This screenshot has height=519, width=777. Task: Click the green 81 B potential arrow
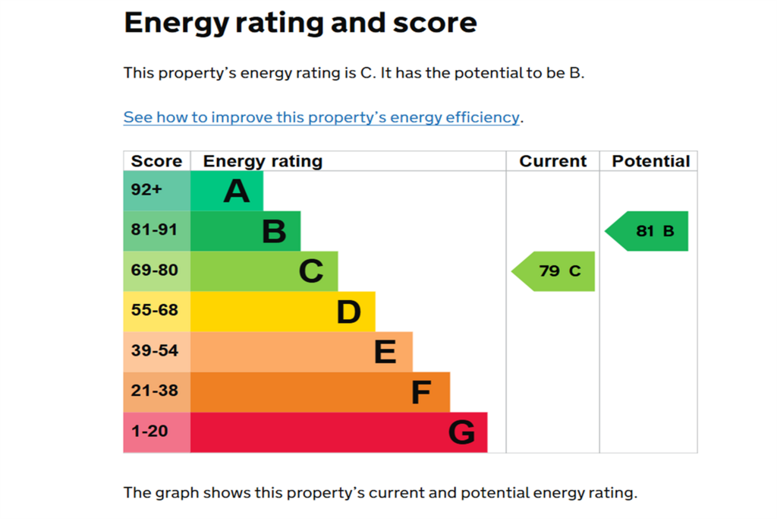(x=646, y=231)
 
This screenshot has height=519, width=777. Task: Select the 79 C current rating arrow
(x=553, y=271)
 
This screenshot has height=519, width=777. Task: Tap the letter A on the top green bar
(x=237, y=191)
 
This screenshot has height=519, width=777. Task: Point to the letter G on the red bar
(x=462, y=432)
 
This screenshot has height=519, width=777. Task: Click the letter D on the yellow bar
(x=348, y=312)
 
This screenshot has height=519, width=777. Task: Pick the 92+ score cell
(x=156, y=191)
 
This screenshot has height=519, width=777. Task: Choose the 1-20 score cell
(x=156, y=432)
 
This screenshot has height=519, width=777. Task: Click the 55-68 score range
(x=155, y=310)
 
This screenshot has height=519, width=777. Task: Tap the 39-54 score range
(x=155, y=351)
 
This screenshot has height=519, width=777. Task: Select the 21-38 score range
(x=155, y=391)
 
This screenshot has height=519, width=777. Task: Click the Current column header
(x=553, y=161)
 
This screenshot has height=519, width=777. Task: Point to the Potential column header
(x=651, y=161)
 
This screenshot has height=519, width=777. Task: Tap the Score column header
(x=156, y=161)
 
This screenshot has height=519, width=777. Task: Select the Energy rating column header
(x=263, y=162)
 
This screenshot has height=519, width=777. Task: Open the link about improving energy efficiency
(x=322, y=118)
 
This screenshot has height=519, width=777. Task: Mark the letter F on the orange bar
(x=421, y=392)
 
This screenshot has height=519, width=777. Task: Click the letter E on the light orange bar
(x=385, y=353)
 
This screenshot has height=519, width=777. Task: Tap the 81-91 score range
(x=154, y=229)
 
